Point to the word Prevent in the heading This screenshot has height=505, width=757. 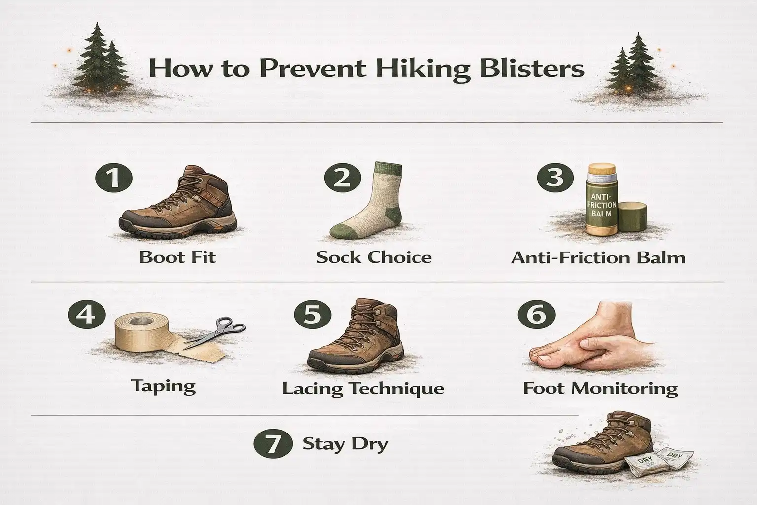pyautogui.click(x=312, y=69)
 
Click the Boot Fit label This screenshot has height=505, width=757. pyautogui.click(x=177, y=257)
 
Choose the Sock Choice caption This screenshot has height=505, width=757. pyautogui.click(x=374, y=257)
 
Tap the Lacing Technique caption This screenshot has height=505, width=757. pyautogui.click(x=363, y=388)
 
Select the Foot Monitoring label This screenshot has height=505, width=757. pyautogui.click(x=600, y=388)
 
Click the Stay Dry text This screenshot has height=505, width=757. pyautogui.click(x=345, y=444)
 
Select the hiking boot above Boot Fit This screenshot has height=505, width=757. pyautogui.click(x=180, y=203)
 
